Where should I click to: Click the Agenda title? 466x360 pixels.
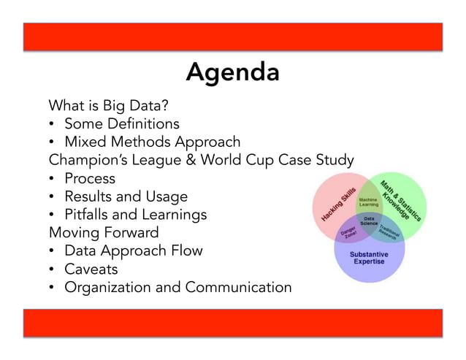coord(232,72)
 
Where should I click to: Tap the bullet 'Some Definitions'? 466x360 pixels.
coord(121,123)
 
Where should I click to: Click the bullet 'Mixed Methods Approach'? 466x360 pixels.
coord(152,142)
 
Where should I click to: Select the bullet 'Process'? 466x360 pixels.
coord(90,178)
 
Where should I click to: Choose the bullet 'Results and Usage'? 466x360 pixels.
coord(126,196)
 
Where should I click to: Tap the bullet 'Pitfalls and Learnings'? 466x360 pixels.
coord(135,215)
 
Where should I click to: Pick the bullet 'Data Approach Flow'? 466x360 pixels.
coord(134,250)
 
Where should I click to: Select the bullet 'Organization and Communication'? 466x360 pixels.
coord(177,287)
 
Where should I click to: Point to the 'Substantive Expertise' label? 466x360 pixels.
coord(369,258)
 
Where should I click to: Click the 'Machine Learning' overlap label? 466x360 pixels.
coord(369,202)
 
